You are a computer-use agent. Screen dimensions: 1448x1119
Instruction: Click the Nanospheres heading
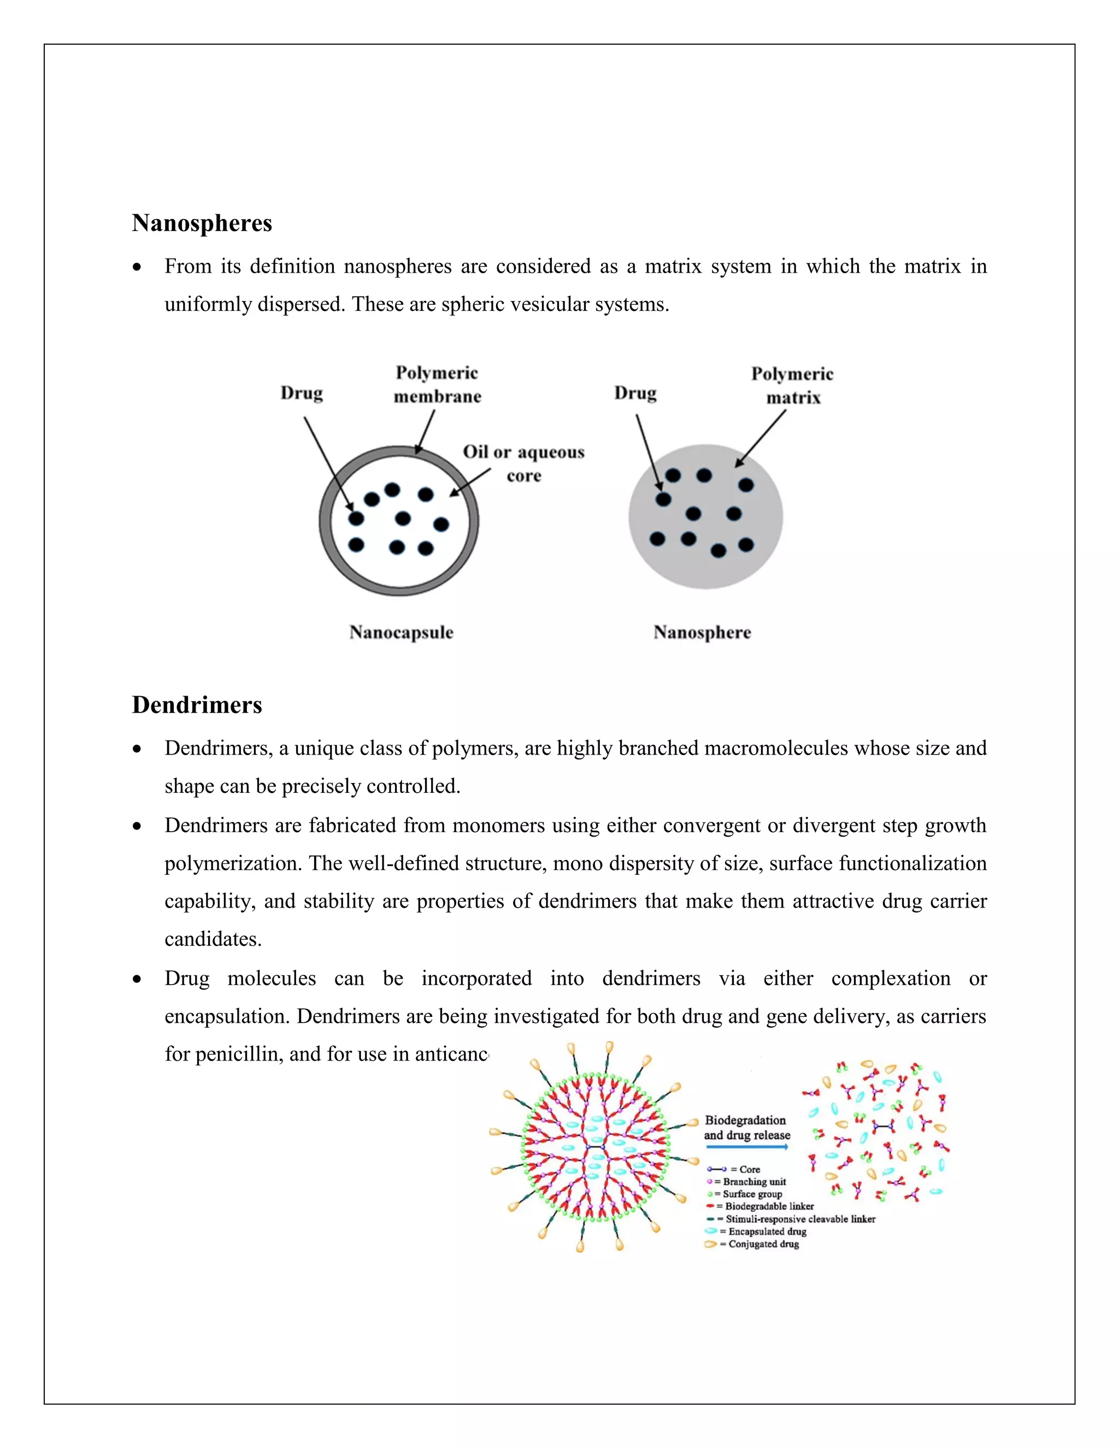202,223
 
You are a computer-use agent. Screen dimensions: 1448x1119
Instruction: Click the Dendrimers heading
197,705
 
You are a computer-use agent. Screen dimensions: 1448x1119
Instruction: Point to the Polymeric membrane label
437,385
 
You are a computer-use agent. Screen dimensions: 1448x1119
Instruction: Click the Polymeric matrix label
792,386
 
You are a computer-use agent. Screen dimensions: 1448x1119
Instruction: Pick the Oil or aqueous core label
523,463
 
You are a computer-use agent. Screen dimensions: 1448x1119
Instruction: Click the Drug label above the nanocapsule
302,393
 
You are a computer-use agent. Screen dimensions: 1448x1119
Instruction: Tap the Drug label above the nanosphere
635,393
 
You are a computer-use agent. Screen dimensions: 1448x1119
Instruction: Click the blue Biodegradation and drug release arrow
747,1146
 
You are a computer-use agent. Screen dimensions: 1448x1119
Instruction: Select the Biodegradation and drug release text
746,1127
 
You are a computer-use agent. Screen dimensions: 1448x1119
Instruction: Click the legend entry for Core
736,1169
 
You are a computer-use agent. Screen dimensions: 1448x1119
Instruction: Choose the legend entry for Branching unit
749,1181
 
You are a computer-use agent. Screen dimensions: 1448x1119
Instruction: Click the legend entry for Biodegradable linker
762,1206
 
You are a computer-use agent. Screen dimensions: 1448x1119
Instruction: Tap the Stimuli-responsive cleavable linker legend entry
793,1219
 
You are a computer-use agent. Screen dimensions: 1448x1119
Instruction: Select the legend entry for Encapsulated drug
759,1231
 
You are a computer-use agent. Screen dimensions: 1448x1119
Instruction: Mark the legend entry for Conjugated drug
755,1244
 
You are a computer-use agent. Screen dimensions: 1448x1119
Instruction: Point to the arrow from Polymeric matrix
761,438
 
